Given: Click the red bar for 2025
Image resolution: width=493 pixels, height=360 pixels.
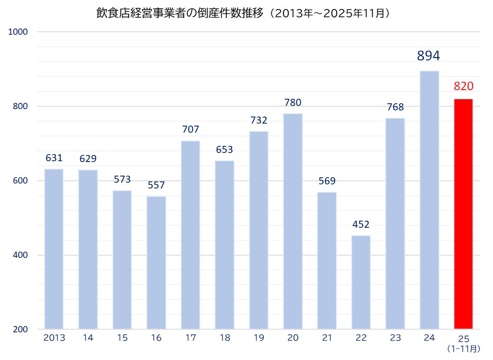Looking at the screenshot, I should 463,214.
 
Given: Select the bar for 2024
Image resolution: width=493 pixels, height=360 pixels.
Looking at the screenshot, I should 429,200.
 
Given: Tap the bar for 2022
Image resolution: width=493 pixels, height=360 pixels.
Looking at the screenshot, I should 361,282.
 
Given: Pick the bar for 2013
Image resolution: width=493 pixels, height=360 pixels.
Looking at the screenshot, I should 54,249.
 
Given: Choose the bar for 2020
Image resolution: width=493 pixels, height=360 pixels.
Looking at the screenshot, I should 293,222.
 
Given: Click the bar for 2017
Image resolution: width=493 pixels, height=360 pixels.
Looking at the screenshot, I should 190,235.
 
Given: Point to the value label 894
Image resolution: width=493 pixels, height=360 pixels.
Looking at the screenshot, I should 428,56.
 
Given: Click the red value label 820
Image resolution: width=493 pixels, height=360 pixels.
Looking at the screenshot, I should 463,86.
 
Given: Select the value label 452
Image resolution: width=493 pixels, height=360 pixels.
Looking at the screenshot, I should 361,225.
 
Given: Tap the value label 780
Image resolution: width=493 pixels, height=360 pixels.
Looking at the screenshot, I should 293,102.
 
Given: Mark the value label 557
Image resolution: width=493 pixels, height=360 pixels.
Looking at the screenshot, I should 156,185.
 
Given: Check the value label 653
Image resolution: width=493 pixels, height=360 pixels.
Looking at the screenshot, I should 225,150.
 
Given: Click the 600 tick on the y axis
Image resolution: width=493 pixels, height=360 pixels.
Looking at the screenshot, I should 21,181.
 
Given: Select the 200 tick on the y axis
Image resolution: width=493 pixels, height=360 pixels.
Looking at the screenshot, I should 21,329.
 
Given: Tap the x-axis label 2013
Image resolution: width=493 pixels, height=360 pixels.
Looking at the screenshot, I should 54,338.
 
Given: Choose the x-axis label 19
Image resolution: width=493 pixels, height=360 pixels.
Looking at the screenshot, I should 258,338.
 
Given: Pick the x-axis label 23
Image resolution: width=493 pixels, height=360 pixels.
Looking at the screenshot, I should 395,338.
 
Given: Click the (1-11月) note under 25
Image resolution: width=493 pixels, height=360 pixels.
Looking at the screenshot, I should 463,349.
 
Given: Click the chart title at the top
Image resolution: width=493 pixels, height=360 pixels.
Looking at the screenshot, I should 244,13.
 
